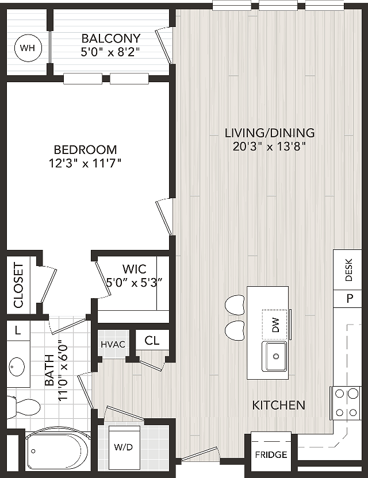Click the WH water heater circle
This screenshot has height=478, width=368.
28,48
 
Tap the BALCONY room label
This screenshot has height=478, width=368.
111,38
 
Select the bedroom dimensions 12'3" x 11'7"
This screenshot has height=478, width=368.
85,164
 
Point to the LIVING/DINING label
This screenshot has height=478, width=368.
270,133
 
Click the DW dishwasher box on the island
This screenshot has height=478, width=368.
275,325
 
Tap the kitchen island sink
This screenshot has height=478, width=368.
274,357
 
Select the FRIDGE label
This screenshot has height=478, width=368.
271,455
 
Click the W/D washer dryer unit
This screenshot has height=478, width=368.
124,448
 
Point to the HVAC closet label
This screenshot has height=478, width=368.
113,345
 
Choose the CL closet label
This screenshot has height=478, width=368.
152,340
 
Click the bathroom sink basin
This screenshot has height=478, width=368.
17,366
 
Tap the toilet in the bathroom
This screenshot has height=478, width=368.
23,407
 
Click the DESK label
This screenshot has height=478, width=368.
348,270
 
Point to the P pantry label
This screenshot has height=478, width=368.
350,298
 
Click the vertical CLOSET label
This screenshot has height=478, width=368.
18,286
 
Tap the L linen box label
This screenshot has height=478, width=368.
18,330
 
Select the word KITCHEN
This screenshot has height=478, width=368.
279,405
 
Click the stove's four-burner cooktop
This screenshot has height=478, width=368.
346,403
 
